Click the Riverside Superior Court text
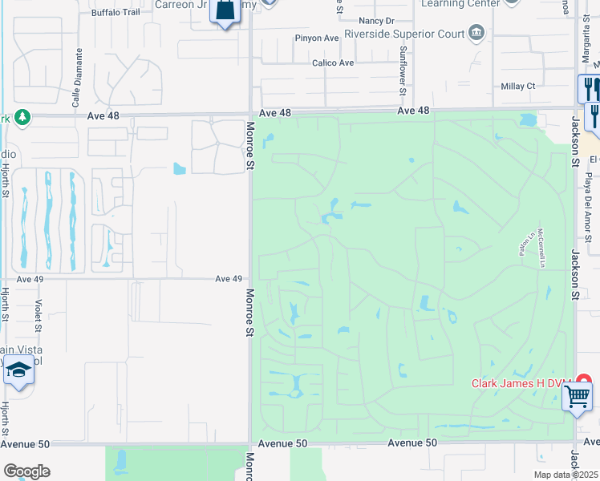click(404, 34)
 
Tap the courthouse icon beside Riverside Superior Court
click(477, 32)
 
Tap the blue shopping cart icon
click(577, 395)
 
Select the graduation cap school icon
click(18, 371)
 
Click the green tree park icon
click(22, 117)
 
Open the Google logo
click(26, 471)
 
